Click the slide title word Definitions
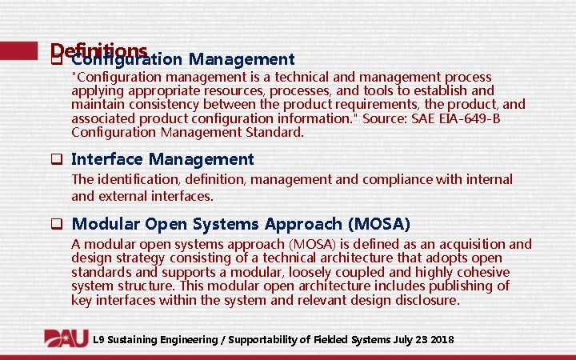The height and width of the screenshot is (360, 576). [98, 50]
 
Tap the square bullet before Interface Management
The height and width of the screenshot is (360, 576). [57, 160]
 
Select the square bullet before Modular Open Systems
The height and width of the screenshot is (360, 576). [57, 224]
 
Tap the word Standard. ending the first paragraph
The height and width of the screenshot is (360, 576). [274, 133]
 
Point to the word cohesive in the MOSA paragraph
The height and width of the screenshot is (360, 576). [483, 272]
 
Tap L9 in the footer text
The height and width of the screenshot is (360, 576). [98, 340]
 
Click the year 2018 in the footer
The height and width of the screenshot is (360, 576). [442, 340]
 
